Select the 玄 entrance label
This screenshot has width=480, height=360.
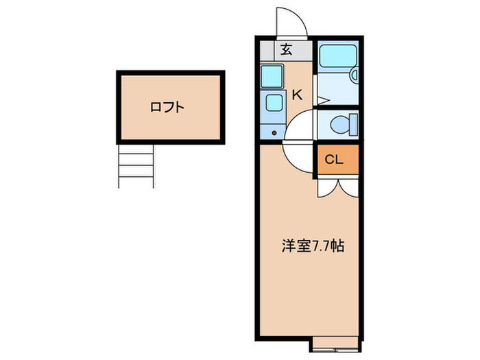click(287, 49)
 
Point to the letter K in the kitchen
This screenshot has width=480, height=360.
click(297, 95)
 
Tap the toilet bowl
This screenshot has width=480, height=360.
click(339, 125)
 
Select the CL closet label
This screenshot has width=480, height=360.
click(334, 160)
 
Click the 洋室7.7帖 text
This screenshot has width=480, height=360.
click(313, 245)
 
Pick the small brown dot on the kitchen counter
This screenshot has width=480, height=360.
click(274, 132)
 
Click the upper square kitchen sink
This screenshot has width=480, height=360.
click(272, 75)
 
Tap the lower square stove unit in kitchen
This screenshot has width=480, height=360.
click(273, 104)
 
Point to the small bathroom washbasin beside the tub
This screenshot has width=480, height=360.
click(354, 76)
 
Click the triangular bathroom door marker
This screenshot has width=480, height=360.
click(322, 100)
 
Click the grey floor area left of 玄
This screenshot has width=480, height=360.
click(269, 49)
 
